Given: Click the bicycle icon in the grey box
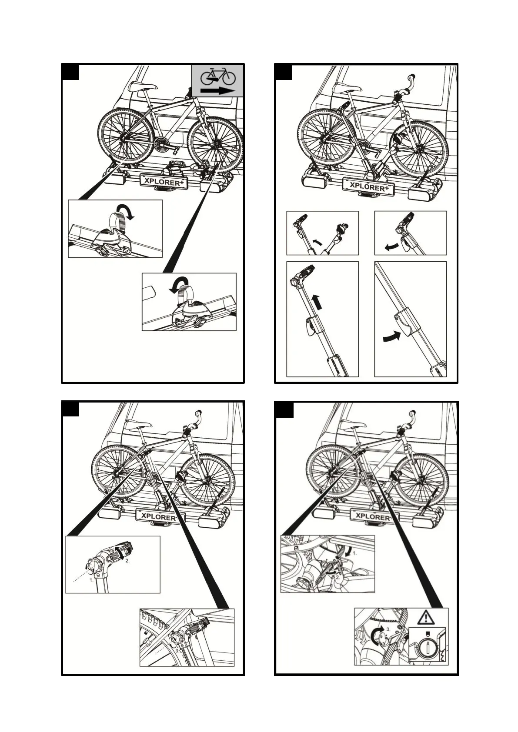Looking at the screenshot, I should (x=217, y=77).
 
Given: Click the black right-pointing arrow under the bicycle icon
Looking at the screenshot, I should (x=217, y=90).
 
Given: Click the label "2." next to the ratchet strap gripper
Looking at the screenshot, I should (x=127, y=561).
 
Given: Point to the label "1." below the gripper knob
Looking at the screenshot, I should (x=92, y=579).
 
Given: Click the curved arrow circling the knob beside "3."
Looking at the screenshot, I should (x=378, y=635).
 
